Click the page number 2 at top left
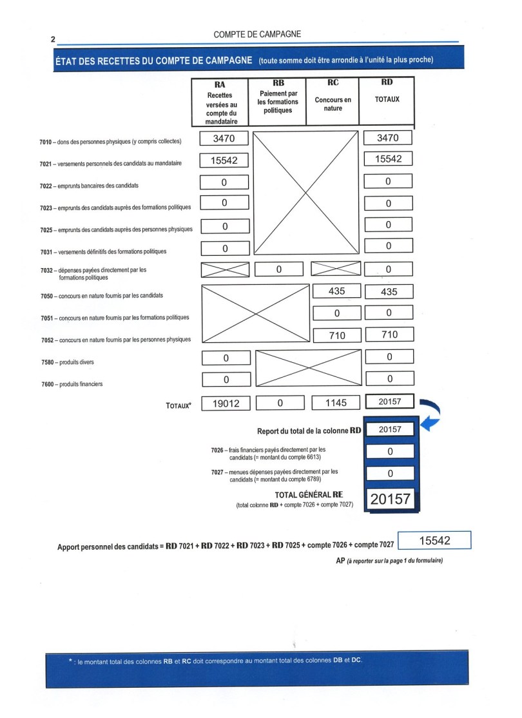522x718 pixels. (53, 39)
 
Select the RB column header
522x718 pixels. (278, 97)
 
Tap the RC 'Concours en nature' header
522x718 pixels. (333, 97)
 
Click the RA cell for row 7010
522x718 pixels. (224, 138)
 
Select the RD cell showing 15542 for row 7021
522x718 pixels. (388, 159)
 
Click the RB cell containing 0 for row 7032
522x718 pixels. (279, 269)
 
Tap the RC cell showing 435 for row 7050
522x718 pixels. (336, 291)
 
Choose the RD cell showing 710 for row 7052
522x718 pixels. (389, 335)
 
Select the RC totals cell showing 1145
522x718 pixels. (336, 403)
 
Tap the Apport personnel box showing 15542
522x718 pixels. (435, 540)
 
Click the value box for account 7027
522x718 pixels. (390, 474)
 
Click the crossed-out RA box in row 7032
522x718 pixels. (225, 269)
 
